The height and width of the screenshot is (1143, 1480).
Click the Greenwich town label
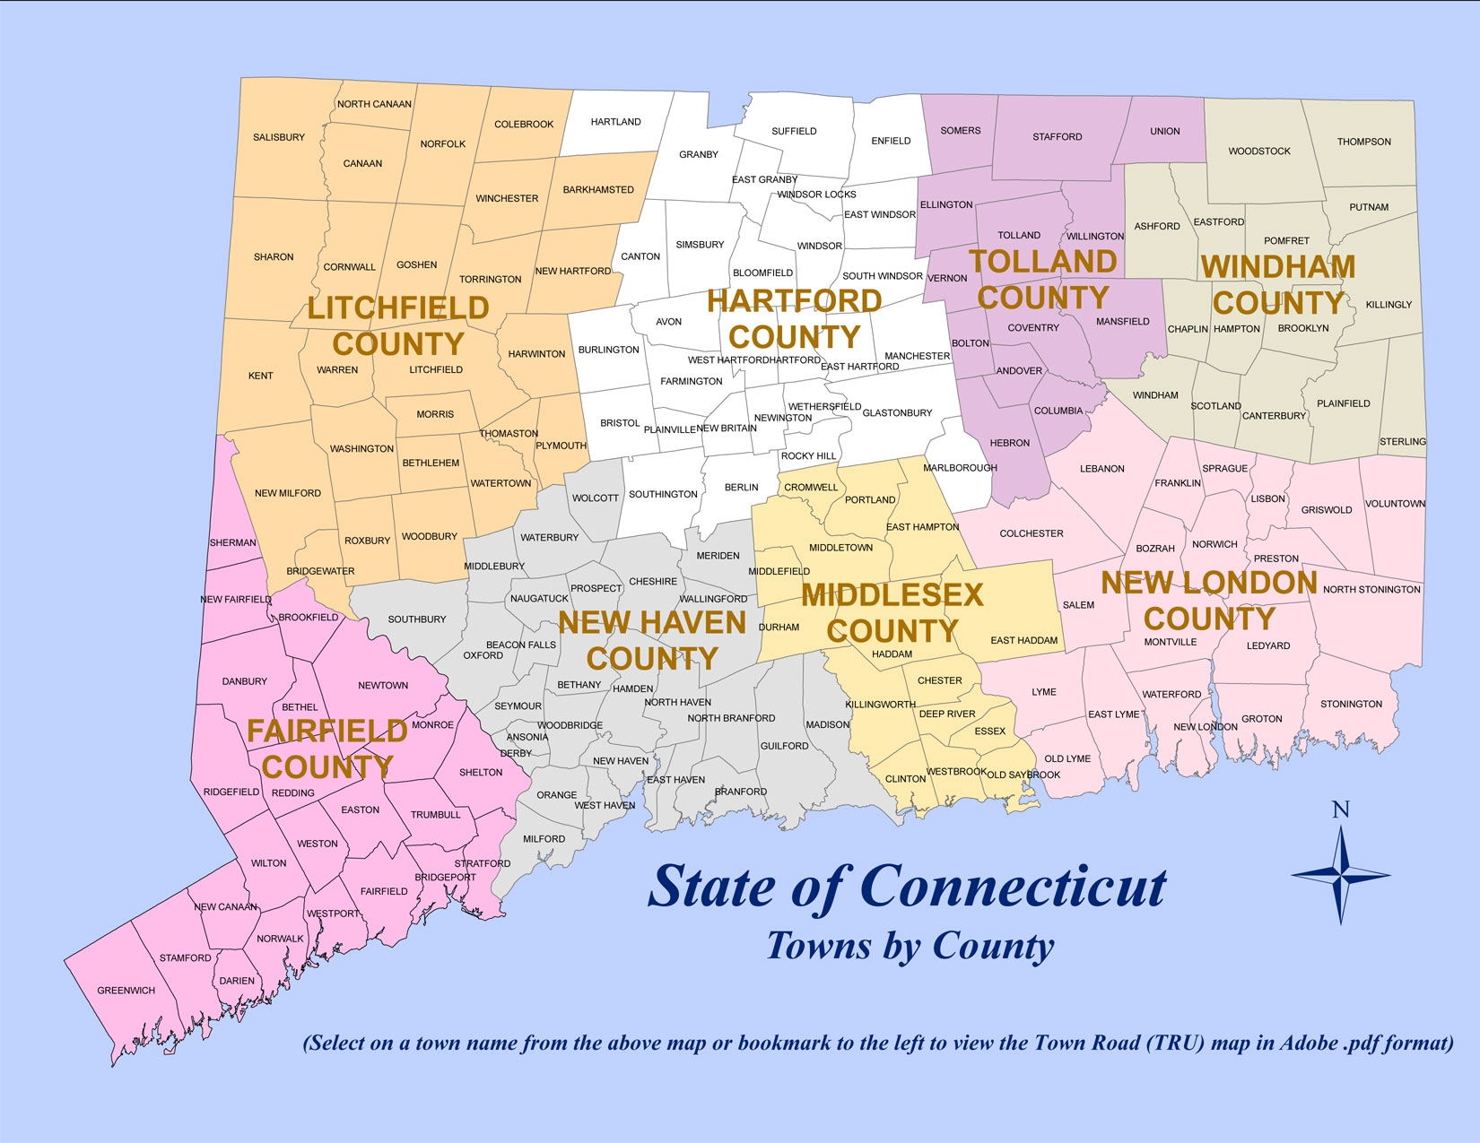coord(126,991)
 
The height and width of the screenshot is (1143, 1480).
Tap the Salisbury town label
coord(279,137)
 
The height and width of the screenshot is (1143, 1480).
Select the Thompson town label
coord(1363,142)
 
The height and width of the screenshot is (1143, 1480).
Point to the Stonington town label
coord(1351,704)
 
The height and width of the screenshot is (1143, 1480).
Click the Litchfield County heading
coord(398,326)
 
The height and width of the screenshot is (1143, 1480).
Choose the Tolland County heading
coord(1043,280)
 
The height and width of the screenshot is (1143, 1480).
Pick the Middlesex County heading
coord(892,613)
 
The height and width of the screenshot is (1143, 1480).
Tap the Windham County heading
coord(1278,285)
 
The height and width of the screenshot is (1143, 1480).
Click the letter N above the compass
coord(1340,810)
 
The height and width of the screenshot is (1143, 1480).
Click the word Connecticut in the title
coord(1014,888)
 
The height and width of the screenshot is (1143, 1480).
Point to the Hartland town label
coord(616,122)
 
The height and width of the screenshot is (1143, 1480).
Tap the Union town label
coord(1165,131)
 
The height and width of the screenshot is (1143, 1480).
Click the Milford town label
coord(544,839)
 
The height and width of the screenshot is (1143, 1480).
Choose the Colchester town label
coord(1032,533)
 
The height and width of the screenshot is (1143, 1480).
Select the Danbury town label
coord(245,681)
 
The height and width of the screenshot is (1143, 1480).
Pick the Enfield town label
coord(891,141)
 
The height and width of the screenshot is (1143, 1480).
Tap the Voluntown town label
coord(1395,504)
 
